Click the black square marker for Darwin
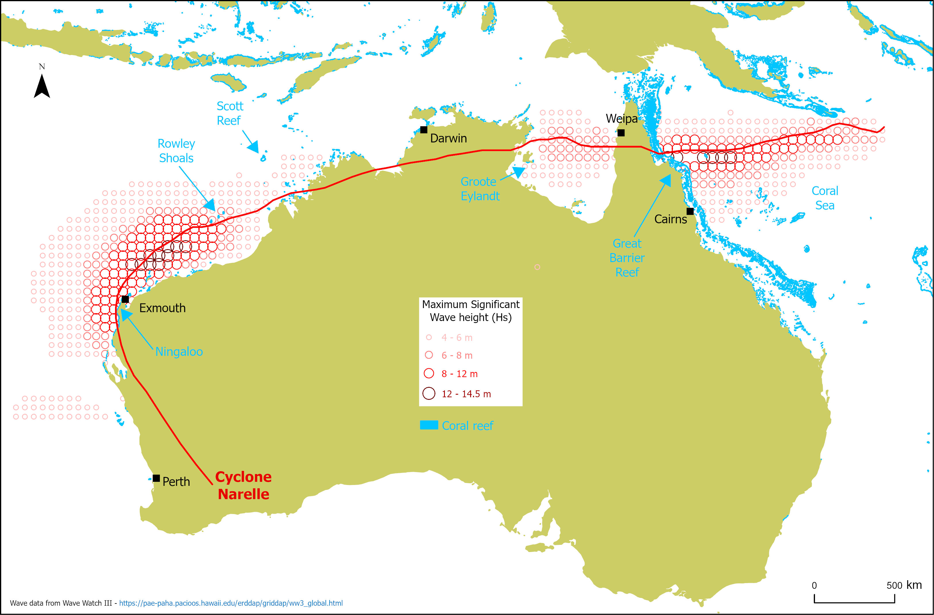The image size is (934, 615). click(424, 129)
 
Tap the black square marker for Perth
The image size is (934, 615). click(156, 478)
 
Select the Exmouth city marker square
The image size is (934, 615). click(125, 299)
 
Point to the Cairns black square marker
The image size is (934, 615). click(690, 211)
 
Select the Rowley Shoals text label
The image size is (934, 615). click(176, 151)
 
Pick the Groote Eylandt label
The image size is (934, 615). click(480, 189)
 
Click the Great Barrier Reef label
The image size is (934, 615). click(627, 258)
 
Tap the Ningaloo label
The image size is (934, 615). click(179, 352)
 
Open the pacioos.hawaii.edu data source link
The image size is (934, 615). click(231, 603)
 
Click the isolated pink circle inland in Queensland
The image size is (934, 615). click(537, 267)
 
